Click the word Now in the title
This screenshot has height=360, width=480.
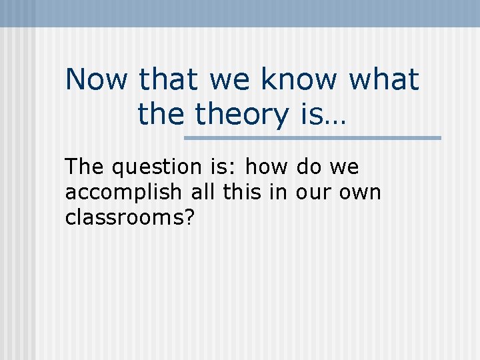pyautogui.click(x=96, y=80)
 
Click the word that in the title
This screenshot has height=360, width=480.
pyautogui.click(x=169, y=80)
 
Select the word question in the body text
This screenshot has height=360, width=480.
pyautogui.click(x=152, y=168)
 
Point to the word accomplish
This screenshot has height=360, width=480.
pyautogui.click(x=123, y=193)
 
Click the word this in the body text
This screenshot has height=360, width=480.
pyautogui.click(x=240, y=192)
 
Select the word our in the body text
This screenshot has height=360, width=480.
pyautogui.click(x=309, y=193)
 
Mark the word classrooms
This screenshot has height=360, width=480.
pyautogui.click(x=124, y=217)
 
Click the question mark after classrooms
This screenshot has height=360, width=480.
pyautogui.click(x=189, y=217)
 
